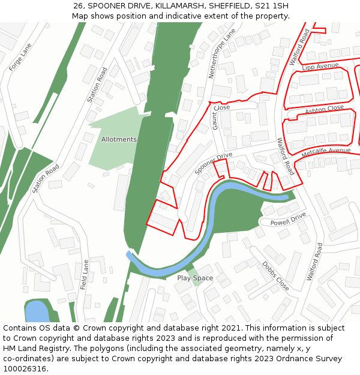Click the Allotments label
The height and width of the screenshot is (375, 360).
pyautogui.click(x=119, y=139)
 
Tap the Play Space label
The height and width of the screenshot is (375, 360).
pyautogui.click(x=195, y=278)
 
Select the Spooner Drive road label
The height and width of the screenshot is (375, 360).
pyautogui.click(x=213, y=164)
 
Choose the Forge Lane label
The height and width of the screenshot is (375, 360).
pyautogui.click(x=20, y=58)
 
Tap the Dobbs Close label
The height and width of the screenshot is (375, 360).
pyautogui.click(x=275, y=276)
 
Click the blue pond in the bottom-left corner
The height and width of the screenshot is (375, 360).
pyautogui.click(x=37, y=311)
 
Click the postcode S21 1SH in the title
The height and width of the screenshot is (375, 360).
pyautogui.click(x=272, y=5)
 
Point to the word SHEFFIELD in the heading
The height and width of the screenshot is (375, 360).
pyautogui.click(x=224, y=5)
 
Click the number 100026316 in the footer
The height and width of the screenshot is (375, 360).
pyautogui.click(x=25, y=369)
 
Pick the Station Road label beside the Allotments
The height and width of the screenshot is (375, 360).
pyautogui.click(x=97, y=84)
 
